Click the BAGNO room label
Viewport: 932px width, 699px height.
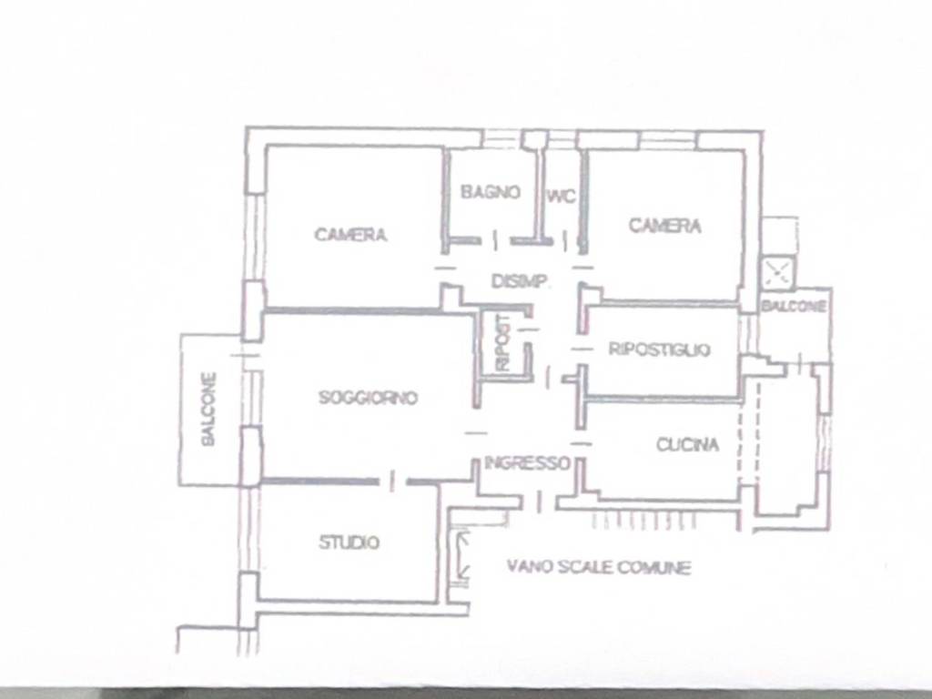(491, 192)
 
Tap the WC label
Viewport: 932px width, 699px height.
(561, 197)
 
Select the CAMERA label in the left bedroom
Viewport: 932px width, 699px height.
(350, 235)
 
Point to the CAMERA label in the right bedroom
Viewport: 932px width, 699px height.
(665, 226)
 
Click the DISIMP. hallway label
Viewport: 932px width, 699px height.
(520, 280)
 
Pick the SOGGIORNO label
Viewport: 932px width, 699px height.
(368, 397)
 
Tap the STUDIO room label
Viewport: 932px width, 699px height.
(349, 542)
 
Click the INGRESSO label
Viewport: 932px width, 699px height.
(527, 462)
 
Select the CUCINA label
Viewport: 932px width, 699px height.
(688, 444)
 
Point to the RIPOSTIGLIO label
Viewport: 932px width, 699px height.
(659, 349)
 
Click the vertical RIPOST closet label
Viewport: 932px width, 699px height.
(502, 343)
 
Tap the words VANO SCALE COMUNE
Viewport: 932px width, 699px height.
(599, 567)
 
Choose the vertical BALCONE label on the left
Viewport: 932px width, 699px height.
(208, 409)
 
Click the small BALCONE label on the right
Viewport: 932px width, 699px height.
(794, 306)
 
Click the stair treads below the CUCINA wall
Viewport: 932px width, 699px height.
(643, 522)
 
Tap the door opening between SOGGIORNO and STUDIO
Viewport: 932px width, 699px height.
(392, 481)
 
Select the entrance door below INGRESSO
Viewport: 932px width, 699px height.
(539, 501)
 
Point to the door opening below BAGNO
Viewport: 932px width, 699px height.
(496, 240)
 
